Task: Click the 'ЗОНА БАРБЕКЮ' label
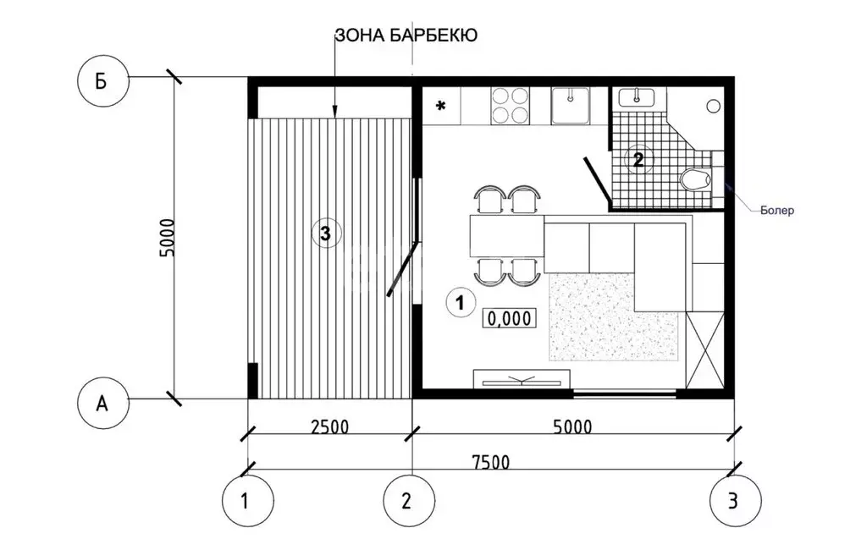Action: pos(407,35)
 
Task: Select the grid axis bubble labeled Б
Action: pos(102,81)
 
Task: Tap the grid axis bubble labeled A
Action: pos(102,404)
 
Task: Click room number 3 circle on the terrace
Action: pos(326,231)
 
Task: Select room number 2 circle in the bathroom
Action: pos(638,158)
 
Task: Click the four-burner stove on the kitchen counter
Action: pos(511,106)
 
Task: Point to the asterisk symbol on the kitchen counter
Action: pos(440,107)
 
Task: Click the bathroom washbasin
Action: pos(637,97)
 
